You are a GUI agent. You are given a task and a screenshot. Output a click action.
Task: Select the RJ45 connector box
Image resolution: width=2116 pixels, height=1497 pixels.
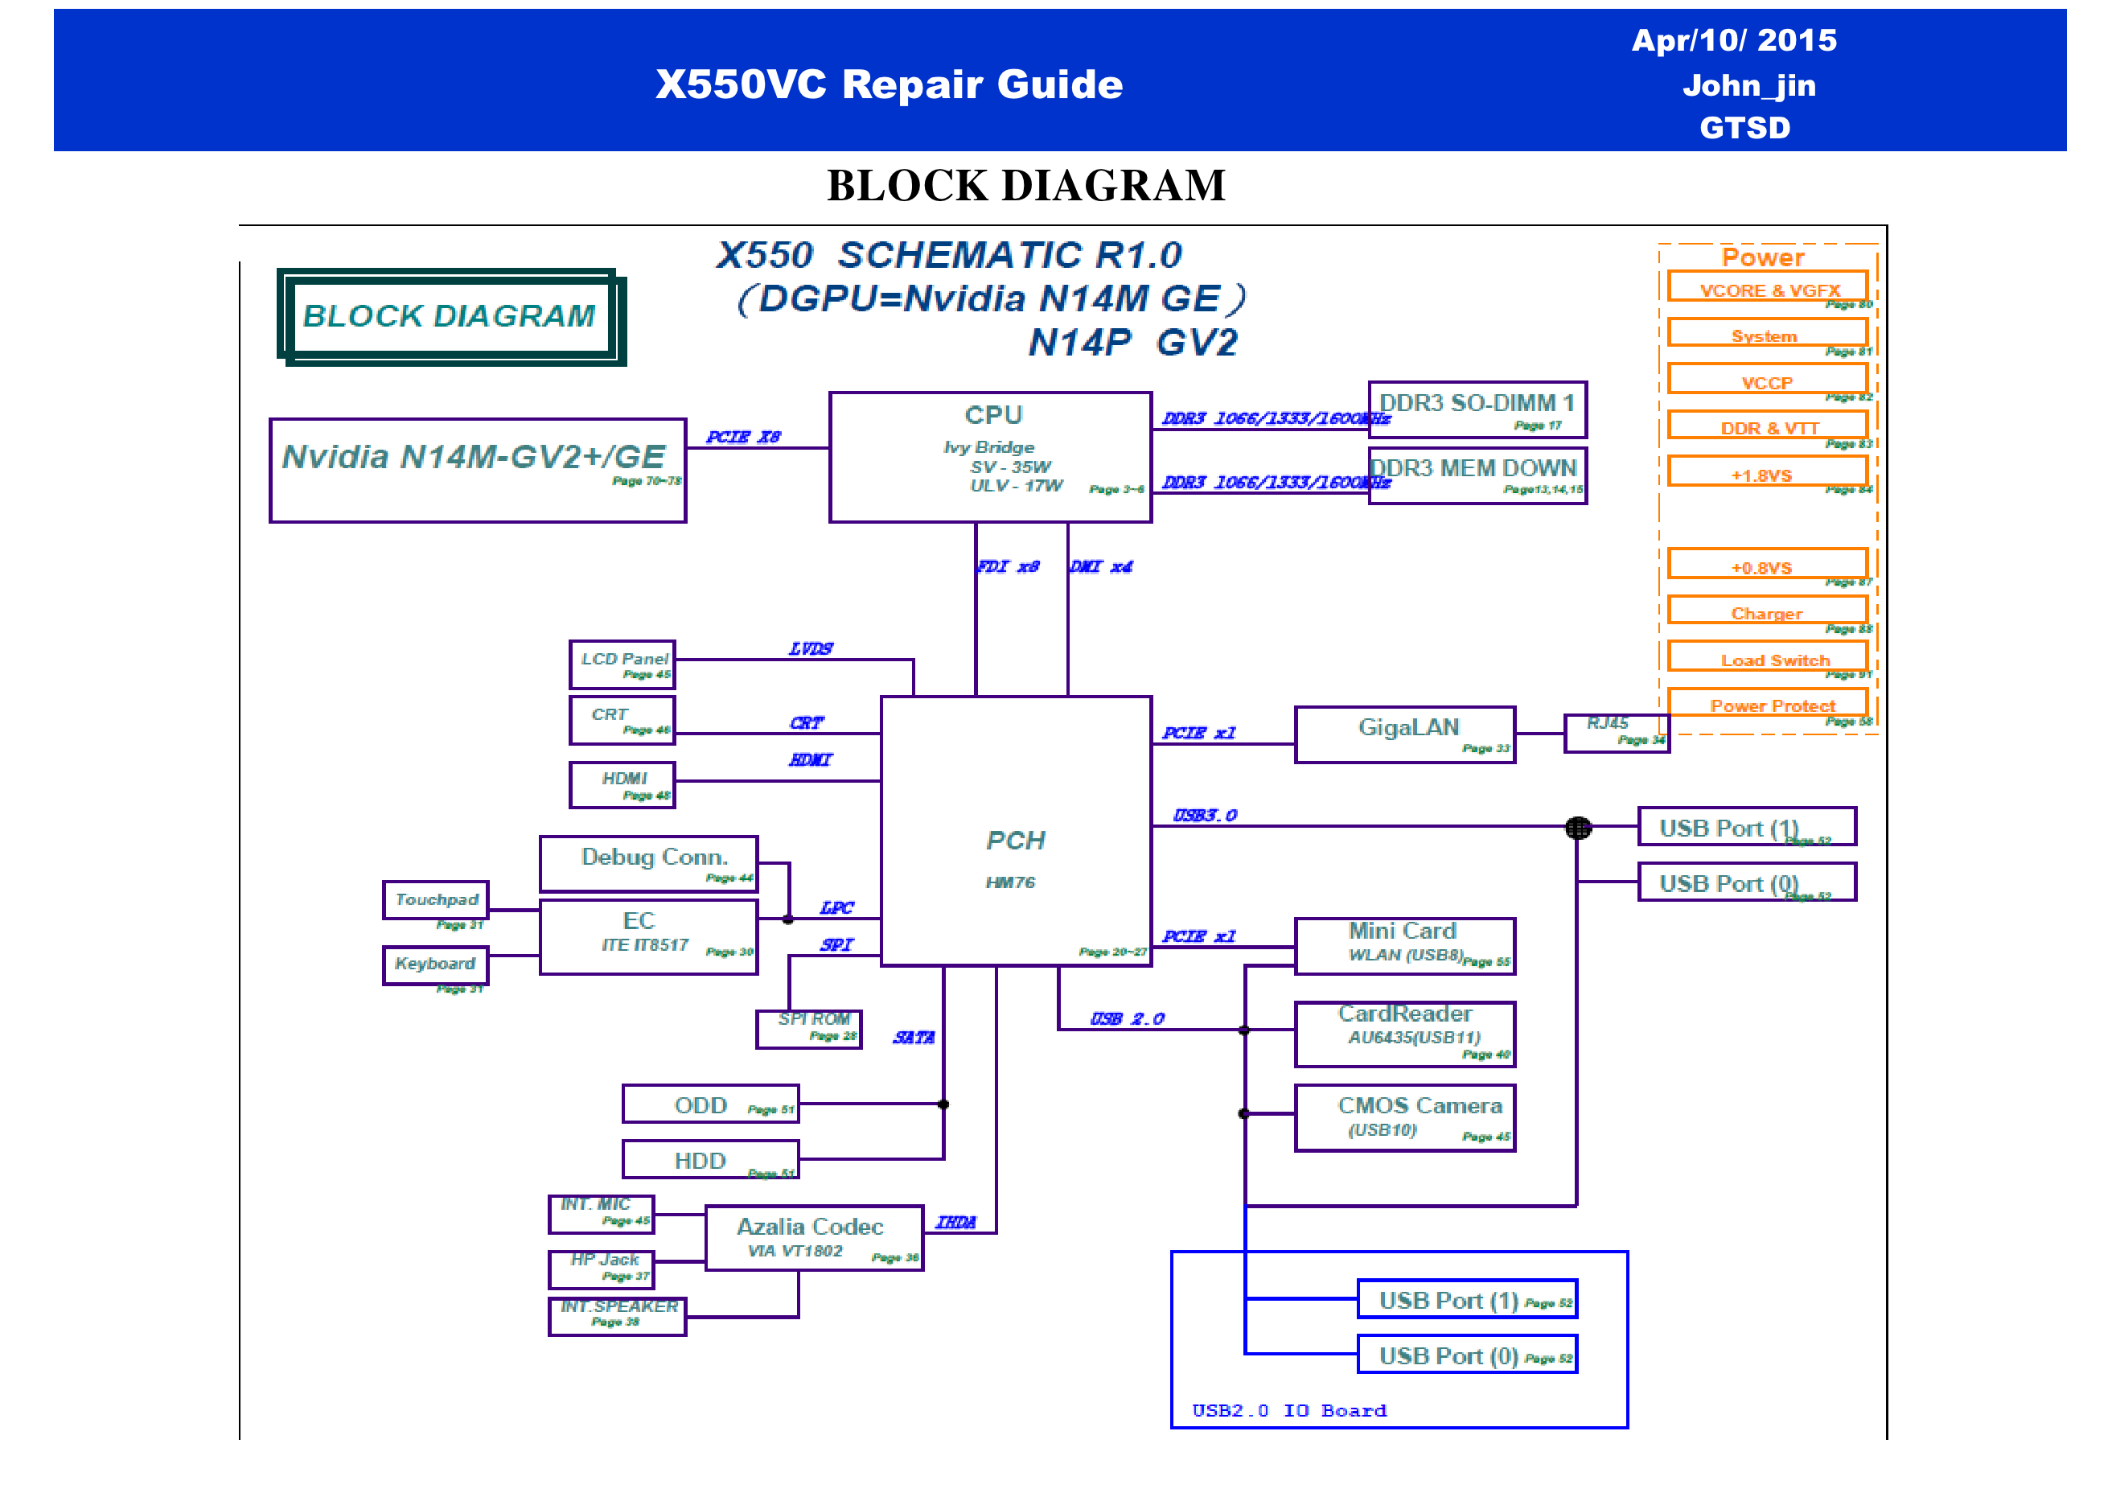[x=1616, y=733]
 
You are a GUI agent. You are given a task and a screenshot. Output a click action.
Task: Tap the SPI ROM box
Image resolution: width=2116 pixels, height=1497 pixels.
[x=808, y=1029]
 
